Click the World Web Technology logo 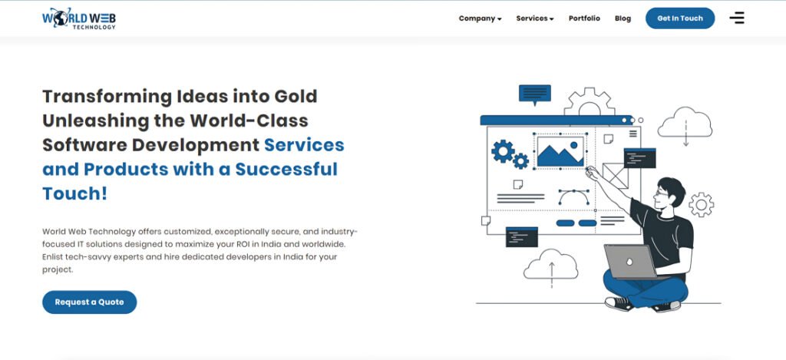pyautogui.click(x=79, y=18)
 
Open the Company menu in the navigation pyautogui.click(x=481, y=18)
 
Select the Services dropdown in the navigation pyautogui.click(x=535, y=18)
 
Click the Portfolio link pyautogui.click(x=584, y=18)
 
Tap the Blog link pyautogui.click(x=623, y=18)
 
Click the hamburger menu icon pyautogui.click(x=737, y=18)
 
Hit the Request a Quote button pyautogui.click(x=89, y=302)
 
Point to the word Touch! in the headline pyautogui.click(x=74, y=193)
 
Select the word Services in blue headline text pyautogui.click(x=304, y=145)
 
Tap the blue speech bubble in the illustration pyautogui.click(x=535, y=94)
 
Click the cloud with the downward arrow pyautogui.click(x=685, y=125)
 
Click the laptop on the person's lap pyautogui.click(x=631, y=261)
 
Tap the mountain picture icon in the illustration pyautogui.click(x=560, y=152)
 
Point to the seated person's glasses pyautogui.click(x=662, y=193)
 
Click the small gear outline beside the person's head pyautogui.click(x=702, y=205)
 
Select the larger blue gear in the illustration pyautogui.click(x=503, y=151)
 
